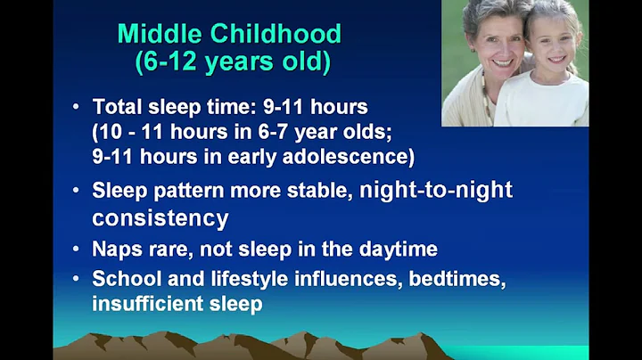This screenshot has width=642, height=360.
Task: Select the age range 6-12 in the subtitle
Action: pyautogui.click(x=171, y=63)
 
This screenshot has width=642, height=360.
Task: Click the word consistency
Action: pyautogui.click(x=160, y=218)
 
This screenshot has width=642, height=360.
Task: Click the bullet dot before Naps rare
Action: pyautogui.click(x=77, y=250)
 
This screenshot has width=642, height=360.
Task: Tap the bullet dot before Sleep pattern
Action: pyautogui.click(x=77, y=190)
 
